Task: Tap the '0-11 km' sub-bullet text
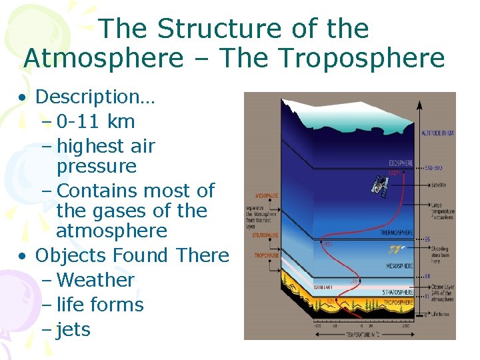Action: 96,121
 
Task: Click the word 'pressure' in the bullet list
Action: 97,166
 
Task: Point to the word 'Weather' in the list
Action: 96,280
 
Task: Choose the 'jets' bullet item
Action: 73,329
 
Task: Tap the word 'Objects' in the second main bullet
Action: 71,255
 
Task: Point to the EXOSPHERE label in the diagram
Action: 401,163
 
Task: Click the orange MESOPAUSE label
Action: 265,195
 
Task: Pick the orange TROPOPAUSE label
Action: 265,255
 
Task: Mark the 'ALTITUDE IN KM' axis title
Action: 437,133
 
